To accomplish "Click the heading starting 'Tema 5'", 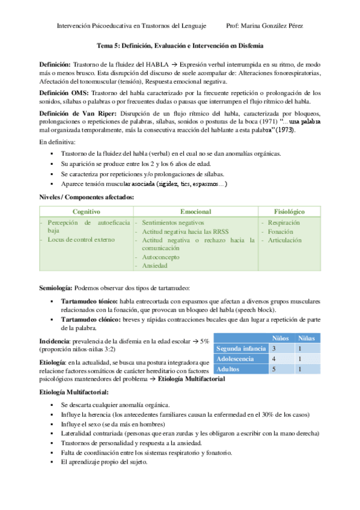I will [180, 46].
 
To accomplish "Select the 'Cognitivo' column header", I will [87, 212].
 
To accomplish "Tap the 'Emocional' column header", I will [195, 212].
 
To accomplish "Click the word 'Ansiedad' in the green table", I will [156, 265].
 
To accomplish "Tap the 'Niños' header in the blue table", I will [281, 338].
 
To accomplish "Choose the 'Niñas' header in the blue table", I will [307, 338].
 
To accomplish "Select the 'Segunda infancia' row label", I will [241, 348].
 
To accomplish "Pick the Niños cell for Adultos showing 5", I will [274, 369].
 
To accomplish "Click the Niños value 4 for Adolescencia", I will [274, 358].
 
